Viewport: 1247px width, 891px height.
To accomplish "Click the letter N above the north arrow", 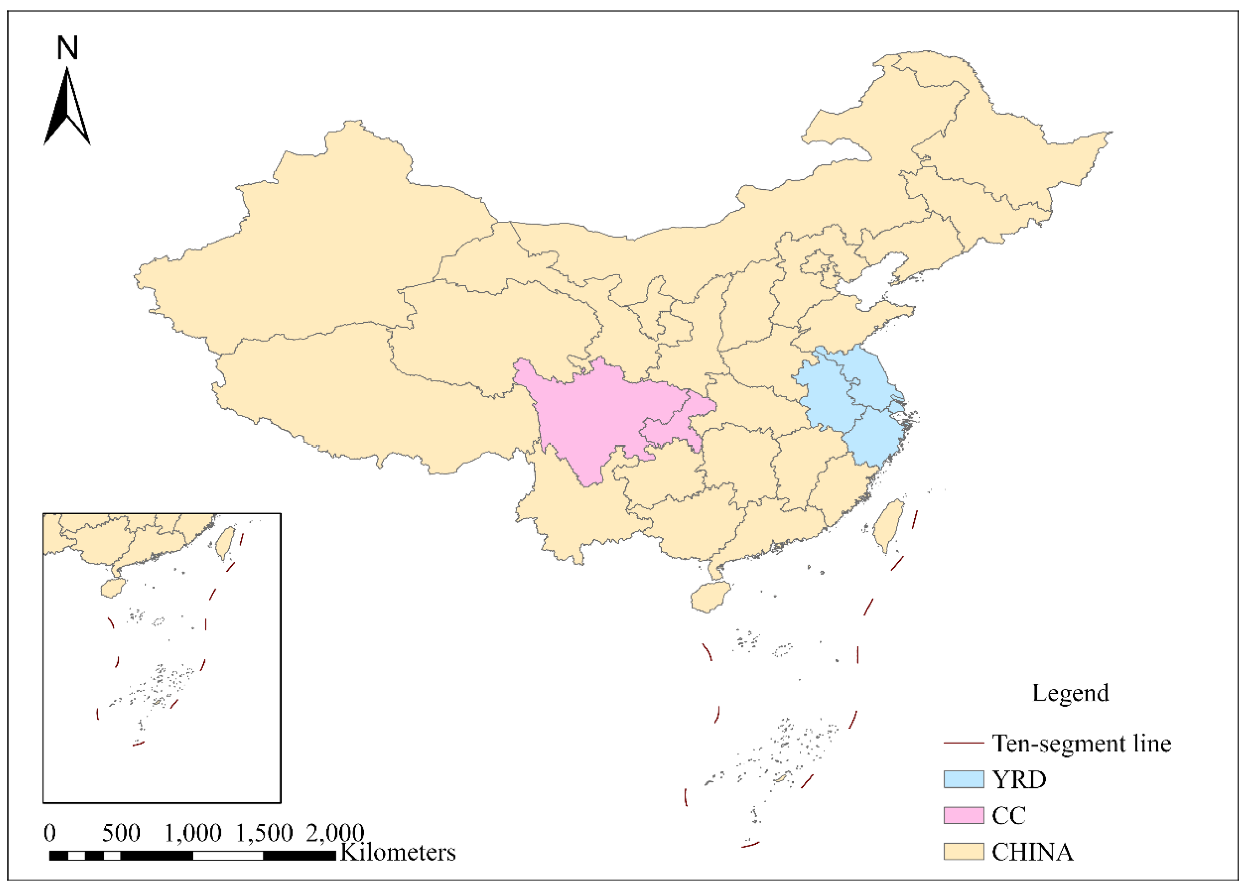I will pos(68,48).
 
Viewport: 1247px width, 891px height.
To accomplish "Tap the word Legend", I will pos(1070,693).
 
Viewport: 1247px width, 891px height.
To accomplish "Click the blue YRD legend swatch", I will pos(964,779).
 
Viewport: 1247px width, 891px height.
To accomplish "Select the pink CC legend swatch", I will pos(964,815).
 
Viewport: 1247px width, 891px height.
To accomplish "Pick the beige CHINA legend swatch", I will pos(964,852).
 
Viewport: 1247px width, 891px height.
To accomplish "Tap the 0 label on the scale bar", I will pos(49,833).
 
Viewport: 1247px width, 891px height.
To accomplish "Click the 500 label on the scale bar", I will pos(121,833).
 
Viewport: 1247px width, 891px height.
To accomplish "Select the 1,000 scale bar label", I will pos(193,833).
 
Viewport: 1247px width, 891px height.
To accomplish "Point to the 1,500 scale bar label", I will pos(264,833).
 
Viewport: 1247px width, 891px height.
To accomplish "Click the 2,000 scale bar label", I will pos(335,833).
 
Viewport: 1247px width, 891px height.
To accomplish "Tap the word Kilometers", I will pos(398,852).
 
